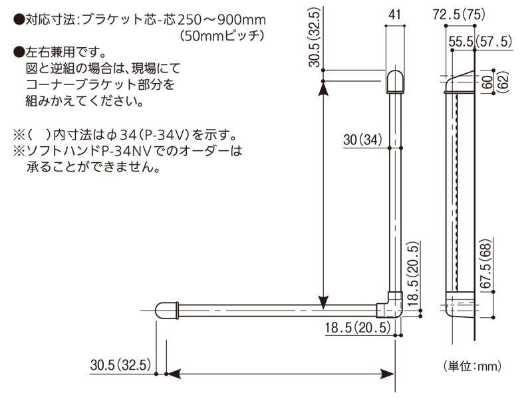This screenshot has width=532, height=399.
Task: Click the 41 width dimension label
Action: click(x=395, y=13)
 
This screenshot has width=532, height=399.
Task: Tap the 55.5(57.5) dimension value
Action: click(x=479, y=41)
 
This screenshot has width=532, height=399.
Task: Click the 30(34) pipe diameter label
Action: click(x=363, y=140)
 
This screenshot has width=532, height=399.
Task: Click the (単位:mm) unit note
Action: click(x=471, y=366)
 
